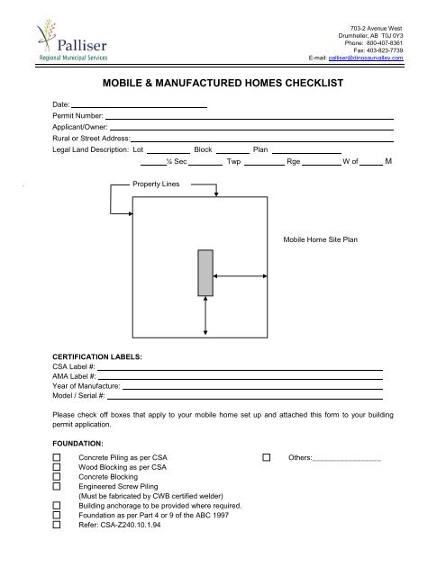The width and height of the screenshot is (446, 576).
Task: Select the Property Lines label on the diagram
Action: [156, 184]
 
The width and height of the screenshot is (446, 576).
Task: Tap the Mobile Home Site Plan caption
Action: [320, 242]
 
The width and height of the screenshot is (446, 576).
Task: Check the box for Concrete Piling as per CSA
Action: [57, 459]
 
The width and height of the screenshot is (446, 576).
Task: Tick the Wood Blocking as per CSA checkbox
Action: [57, 468]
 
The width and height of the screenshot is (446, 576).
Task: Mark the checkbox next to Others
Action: [266, 459]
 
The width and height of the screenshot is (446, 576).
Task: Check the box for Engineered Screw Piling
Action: [57, 486]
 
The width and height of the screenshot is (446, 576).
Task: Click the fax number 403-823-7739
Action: [383, 49]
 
